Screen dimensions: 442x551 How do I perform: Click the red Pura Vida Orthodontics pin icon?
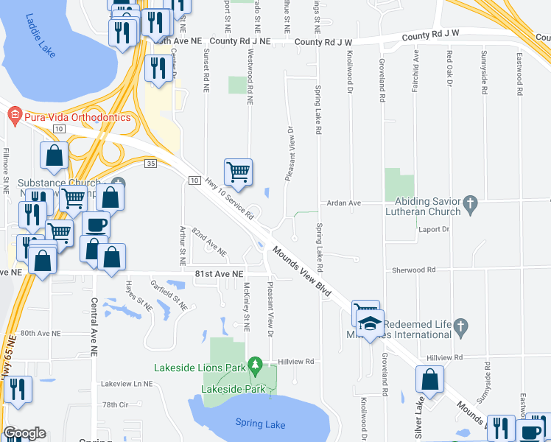point(13,116)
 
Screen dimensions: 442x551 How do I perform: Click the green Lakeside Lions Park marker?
point(255,364)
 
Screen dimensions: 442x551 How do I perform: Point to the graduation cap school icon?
point(371,323)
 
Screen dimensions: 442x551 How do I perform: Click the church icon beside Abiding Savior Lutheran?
point(471,201)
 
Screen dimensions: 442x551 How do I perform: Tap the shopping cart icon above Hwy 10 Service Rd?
point(238,172)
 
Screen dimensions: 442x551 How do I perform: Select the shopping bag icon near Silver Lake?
point(429,380)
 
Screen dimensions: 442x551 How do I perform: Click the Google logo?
point(24,433)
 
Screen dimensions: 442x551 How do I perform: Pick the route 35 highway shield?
point(150,163)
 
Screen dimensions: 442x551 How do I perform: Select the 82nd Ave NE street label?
point(208,242)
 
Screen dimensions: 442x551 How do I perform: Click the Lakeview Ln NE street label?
point(126,384)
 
